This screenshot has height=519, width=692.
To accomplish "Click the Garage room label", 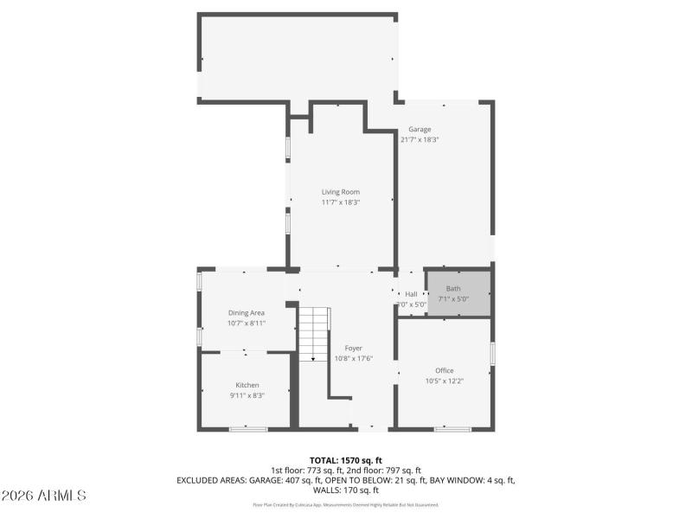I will pyautogui.click(x=420, y=130).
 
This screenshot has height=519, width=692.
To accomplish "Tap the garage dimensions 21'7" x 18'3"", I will pyautogui.click(x=420, y=139).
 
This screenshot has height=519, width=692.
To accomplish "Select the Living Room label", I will pyautogui.click(x=340, y=192).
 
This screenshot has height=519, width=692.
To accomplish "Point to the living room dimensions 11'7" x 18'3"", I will pyautogui.click(x=340, y=202).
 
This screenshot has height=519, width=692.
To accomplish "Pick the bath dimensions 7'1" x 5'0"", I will pyautogui.click(x=454, y=299).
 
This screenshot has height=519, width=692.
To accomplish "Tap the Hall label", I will pyautogui.click(x=411, y=294).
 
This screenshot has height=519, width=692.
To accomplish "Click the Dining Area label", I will pyautogui.click(x=247, y=312).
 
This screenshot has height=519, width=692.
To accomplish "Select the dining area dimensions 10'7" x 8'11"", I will pyautogui.click(x=247, y=323).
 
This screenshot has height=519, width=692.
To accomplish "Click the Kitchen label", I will pyautogui.click(x=247, y=385).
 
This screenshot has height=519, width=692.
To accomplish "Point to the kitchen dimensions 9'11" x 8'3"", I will pyautogui.click(x=247, y=395).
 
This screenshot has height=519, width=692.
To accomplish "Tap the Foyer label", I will pyautogui.click(x=353, y=348).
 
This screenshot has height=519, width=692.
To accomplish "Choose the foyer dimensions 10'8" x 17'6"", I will pyautogui.click(x=353, y=358).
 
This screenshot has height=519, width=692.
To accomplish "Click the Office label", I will pyautogui.click(x=444, y=370).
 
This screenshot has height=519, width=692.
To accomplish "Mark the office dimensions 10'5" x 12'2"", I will pyautogui.click(x=444, y=381).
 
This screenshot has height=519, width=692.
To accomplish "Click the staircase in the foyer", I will pyautogui.click(x=313, y=333).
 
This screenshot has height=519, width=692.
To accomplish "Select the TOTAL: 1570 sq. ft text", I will pyautogui.click(x=346, y=459).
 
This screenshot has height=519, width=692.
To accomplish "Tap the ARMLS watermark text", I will pyautogui.click(x=44, y=496).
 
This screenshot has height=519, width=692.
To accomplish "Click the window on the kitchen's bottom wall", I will pyautogui.click(x=248, y=428).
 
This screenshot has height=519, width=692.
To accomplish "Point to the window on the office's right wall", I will pyautogui.click(x=492, y=354).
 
